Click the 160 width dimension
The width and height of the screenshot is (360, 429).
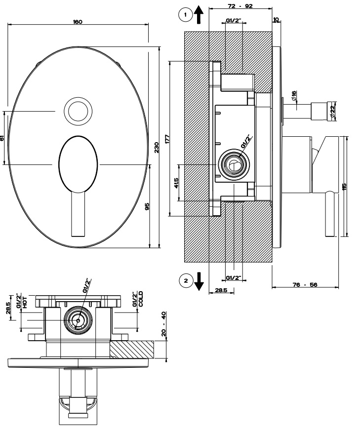tap(78, 22)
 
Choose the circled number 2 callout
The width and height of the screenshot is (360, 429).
tap(186, 281)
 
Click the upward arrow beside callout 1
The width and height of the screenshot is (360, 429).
tap(199, 16)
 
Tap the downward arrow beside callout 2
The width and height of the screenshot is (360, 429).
tap(199, 281)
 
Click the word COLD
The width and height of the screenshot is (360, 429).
tap(140, 300)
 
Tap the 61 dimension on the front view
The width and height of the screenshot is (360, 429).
tap(3, 139)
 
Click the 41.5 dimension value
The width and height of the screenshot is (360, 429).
tap(176, 183)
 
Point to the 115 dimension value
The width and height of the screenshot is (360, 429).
tap(344, 187)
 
